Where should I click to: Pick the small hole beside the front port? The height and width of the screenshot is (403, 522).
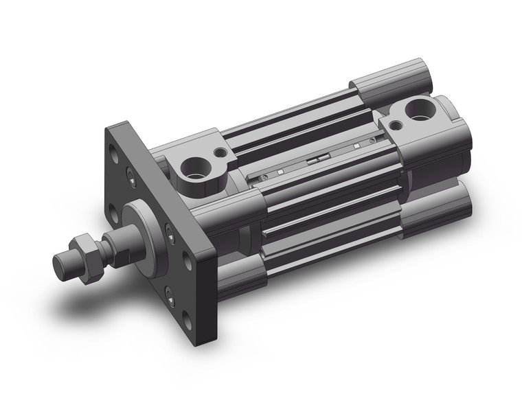pyautogui.click(x=220, y=154)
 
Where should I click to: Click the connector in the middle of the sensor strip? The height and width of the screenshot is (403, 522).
pyautogui.click(x=314, y=159)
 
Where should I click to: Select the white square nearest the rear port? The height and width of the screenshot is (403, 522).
pyautogui.click(x=356, y=146)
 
